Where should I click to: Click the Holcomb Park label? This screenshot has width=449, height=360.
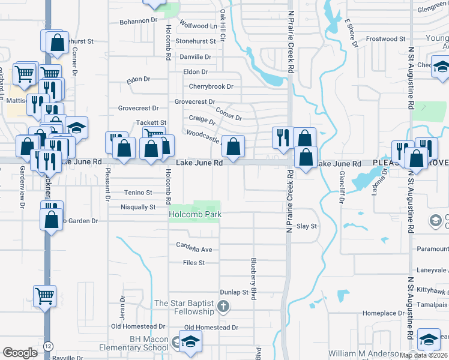click(195, 214)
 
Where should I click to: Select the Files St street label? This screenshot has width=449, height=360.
click(194, 262)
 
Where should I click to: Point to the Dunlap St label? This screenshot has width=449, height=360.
click(234, 292)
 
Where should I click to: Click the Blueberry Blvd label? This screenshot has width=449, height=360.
click(254, 275)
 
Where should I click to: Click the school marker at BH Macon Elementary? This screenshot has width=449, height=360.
click(190, 341)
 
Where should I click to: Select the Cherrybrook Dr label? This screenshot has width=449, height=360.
click(211, 86)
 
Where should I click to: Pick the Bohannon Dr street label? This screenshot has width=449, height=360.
click(137, 20)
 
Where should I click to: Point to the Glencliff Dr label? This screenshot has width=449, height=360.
click(341, 186)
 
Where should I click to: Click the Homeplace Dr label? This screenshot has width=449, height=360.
click(384, 313)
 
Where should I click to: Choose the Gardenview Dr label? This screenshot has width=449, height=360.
click(22, 193)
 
